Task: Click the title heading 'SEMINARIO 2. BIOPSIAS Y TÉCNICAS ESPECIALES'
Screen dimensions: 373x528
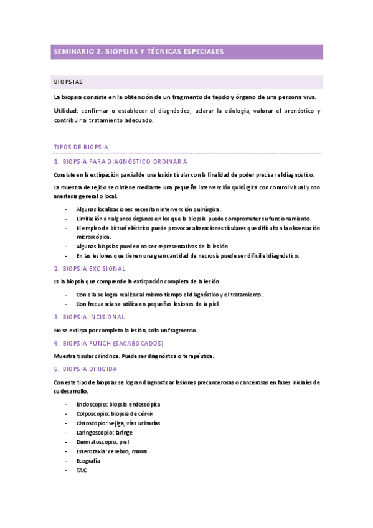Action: (138, 52)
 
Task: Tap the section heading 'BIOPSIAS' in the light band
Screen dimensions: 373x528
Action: (68, 82)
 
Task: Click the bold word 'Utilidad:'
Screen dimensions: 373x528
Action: (67, 111)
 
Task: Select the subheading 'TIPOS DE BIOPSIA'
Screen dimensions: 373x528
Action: (82, 148)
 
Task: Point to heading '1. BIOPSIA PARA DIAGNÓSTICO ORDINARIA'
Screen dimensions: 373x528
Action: (119, 162)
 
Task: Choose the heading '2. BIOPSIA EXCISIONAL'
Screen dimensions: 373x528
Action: (90, 268)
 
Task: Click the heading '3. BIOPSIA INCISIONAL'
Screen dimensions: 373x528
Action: (90, 317)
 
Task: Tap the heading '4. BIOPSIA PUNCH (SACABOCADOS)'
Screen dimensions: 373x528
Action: (108, 343)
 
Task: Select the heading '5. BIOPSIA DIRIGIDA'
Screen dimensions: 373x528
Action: (85, 369)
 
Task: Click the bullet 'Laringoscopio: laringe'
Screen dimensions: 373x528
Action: (104, 433)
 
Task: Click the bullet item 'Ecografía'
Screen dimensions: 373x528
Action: (88, 461)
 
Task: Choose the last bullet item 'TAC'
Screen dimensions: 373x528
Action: (82, 470)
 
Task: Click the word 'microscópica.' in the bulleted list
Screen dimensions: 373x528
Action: (93, 237)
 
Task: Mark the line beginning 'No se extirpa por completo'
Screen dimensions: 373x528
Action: (125, 330)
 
